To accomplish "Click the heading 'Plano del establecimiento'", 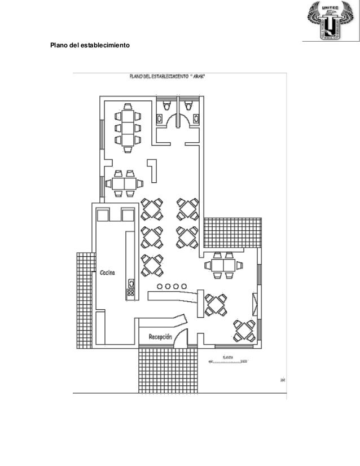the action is tap(90, 45).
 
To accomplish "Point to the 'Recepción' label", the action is tap(160, 336).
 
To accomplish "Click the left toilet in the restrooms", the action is tap(166, 104).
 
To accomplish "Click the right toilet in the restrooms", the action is tap(187, 104).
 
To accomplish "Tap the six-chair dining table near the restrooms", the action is tap(128, 128).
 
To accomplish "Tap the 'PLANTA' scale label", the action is tap(229, 357).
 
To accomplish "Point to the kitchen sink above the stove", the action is tap(131, 283).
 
